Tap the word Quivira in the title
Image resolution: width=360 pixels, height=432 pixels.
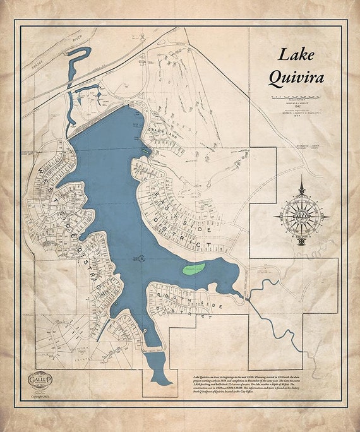pyautogui.click(x=296, y=78)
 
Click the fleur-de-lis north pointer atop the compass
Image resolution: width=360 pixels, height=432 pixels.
pyautogui.click(x=301, y=188)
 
